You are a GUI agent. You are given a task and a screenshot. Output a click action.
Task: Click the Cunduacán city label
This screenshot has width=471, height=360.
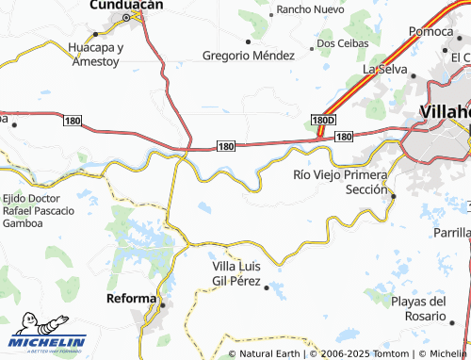(125, 6)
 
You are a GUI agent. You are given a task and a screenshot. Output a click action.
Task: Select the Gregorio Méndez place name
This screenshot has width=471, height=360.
(249, 56)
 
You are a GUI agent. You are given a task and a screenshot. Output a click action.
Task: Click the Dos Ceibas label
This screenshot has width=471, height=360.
(342, 43)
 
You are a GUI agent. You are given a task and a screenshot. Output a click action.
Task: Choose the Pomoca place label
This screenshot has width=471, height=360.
(430, 31)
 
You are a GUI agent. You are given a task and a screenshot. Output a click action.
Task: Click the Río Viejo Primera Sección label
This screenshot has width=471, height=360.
(340, 182)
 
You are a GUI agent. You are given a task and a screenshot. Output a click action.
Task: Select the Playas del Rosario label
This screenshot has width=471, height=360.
(418, 308)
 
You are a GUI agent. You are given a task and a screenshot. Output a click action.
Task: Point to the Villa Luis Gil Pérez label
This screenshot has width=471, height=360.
(243, 273)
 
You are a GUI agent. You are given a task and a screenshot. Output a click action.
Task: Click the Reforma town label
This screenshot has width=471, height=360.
(130, 299)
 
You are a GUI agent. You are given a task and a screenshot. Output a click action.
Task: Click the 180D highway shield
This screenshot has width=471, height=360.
(322, 122)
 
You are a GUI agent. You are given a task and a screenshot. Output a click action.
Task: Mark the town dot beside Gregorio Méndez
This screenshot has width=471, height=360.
(248, 41)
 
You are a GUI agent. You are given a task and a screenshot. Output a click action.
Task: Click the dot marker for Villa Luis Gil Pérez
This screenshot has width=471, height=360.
(267, 286)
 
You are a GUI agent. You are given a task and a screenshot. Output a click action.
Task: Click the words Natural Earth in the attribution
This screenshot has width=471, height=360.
(271, 353)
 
